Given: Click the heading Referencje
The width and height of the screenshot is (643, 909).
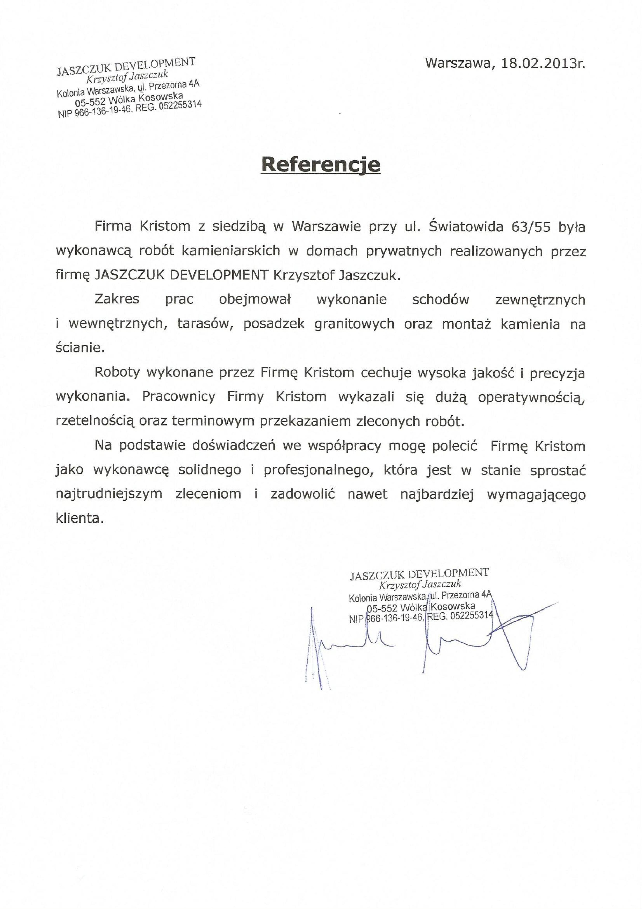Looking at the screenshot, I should (320, 165).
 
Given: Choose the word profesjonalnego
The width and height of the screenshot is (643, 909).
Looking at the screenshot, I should (319, 470).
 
